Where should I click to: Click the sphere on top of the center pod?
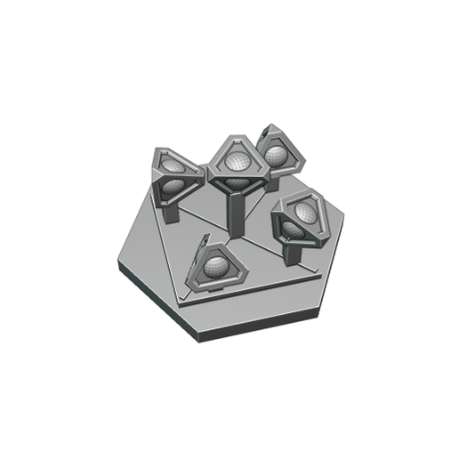click(x=237, y=161)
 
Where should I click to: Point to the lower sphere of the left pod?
click(x=173, y=187)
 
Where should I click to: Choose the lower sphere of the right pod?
click(x=294, y=229)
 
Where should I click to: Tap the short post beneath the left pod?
click(x=170, y=210)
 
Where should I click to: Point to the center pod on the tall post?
click(x=236, y=165)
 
